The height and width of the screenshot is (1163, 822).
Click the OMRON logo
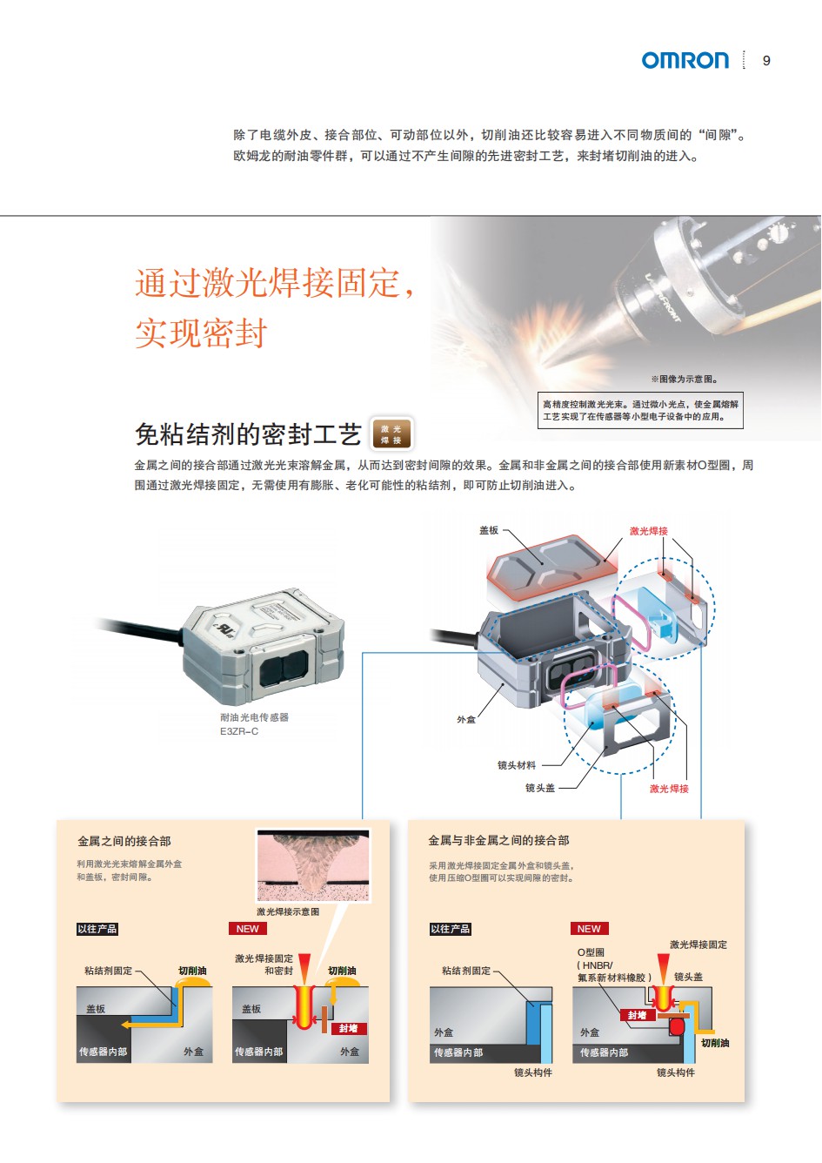tap(685, 60)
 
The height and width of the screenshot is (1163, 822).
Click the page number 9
tap(766, 61)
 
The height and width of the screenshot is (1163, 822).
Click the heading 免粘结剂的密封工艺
tap(248, 434)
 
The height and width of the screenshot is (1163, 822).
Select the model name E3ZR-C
tap(238, 731)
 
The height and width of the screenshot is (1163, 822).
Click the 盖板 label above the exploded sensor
tap(488, 530)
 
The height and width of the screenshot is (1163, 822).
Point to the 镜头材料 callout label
tap(517, 765)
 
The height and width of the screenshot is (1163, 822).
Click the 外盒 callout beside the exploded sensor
tap(465, 720)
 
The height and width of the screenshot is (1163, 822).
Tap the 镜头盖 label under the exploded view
tap(540, 788)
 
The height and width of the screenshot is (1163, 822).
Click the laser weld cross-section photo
tap(313, 865)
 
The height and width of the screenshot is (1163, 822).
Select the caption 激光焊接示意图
tap(288, 911)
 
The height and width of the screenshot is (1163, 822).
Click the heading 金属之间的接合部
tap(124, 841)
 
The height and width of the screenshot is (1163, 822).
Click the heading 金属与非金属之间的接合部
tap(498, 841)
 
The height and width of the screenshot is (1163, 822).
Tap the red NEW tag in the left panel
tap(248, 929)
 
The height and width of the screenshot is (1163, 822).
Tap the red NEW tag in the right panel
tap(589, 929)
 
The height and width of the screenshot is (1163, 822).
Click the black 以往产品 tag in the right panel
tap(450, 929)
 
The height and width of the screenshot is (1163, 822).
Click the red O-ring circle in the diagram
tap(678, 1026)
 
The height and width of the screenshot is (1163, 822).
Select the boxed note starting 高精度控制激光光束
tap(640, 410)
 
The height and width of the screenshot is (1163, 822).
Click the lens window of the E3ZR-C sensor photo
tap(284, 669)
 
